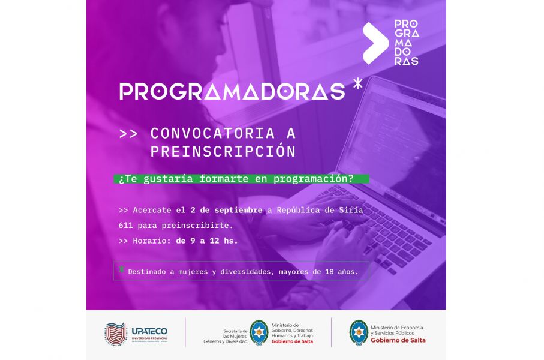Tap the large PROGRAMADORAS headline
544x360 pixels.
(232, 92)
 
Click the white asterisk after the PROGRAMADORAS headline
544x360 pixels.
(357, 83)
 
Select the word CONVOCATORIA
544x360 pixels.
(212, 133)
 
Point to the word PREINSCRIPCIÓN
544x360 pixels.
(223, 151)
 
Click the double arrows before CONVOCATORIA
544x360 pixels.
(128, 134)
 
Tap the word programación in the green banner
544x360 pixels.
(313, 179)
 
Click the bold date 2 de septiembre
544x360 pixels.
(226, 210)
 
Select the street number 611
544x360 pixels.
(125, 226)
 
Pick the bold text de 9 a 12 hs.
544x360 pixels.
(207, 241)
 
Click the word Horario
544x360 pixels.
(151, 241)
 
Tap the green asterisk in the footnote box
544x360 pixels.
(121, 269)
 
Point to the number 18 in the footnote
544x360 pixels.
(329, 272)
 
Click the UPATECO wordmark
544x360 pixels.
(149, 331)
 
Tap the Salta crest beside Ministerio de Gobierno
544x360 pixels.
(259, 332)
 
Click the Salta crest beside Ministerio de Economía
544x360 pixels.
(359, 332)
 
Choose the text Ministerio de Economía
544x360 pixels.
(397, 328)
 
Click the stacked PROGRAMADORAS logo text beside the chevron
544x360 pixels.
(407, 43)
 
